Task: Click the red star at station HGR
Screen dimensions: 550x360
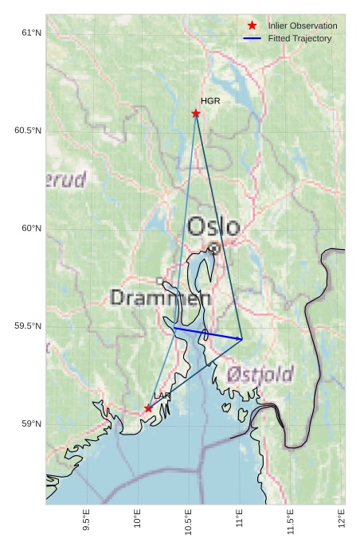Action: [196, 113]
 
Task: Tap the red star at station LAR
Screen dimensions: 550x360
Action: [148, 408]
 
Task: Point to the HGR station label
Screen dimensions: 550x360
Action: [210, 102]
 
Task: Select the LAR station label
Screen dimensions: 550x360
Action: [162, 396]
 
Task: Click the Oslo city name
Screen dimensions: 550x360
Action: [213, 227]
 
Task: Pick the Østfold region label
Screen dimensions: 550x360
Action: [260, 374]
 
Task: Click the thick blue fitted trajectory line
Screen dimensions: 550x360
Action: [207, 334]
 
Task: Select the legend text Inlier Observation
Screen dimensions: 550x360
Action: [303, 26]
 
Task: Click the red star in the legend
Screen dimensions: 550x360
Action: [252, 26]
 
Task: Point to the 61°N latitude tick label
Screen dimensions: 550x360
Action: [30, 33]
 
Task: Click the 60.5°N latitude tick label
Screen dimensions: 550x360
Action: [27, 131]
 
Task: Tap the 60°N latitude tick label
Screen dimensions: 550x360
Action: [30, 228]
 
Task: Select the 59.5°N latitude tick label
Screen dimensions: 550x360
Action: [27, 326]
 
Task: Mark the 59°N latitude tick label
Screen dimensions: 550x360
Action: [30, 424]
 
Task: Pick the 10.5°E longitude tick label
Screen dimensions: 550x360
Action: [189, 521]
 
